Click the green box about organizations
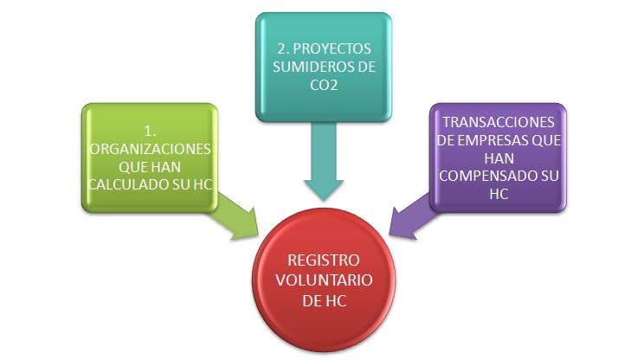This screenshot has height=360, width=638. pos(148,157)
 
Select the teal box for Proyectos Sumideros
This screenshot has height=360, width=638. pos(321,65)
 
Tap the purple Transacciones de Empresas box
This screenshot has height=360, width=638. pos(498,157)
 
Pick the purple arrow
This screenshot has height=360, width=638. pos(410,216)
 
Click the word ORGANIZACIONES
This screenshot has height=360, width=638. pos(148,149)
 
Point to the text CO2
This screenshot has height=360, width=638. pos(322,87)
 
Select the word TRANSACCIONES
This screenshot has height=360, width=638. pos(498,124)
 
